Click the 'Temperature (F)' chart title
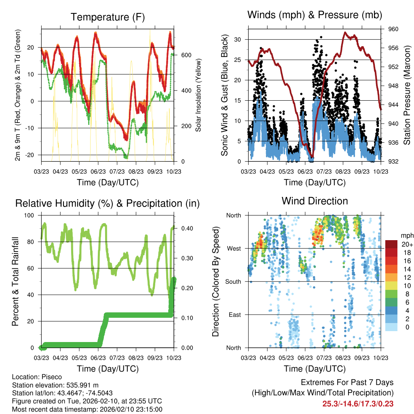click(x=108, y=17)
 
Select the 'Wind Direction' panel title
click(x=315, y=201)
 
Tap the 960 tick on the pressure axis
click(x=394, y=29)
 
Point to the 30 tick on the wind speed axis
click(x=238, y=39)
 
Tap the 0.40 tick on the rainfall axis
click(x=184, y=228)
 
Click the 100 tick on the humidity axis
click(x=30, y=215)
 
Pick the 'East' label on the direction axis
click(x=234, y=315)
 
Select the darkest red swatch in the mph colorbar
click(x=392, y=244)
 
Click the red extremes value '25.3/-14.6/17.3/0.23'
click(x=358, y=403)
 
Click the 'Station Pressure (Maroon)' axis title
click(x=407, y=95)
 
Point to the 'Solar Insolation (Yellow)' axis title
click(x=199, y=95)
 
